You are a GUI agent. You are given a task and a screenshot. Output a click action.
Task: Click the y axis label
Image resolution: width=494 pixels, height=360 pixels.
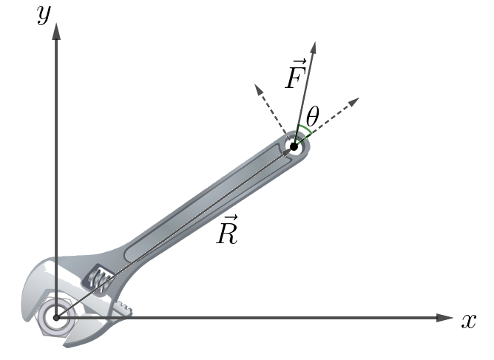tap(44, 15)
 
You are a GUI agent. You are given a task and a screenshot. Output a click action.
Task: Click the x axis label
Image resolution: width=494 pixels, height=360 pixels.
tap(469, 322)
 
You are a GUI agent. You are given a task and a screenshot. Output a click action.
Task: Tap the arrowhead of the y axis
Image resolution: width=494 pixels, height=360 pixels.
tap(56, 31)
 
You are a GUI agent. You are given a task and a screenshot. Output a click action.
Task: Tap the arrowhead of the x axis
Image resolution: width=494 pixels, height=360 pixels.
tap(444, 317)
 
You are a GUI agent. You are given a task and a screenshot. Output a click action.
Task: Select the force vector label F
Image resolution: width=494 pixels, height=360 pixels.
tap(296, 75)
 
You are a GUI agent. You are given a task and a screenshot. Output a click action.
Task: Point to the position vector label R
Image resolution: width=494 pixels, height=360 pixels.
tap(227, 230)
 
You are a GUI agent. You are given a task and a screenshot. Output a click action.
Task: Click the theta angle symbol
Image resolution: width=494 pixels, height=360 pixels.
tap(313, 116)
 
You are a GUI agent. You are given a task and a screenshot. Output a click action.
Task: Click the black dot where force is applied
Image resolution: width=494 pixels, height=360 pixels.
tap(294, 146)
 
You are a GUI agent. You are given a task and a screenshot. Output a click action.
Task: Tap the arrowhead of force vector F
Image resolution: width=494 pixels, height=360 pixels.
tap(313, 47)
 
